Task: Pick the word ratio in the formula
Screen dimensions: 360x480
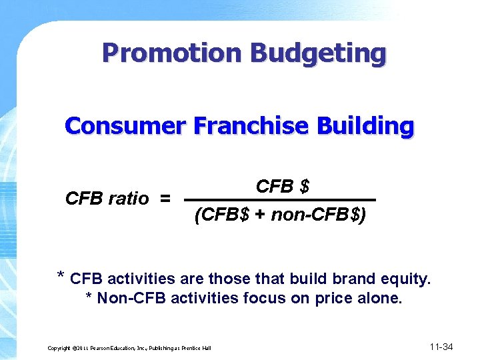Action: [x=126, y=199]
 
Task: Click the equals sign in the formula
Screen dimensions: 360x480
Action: [x=165, y=199]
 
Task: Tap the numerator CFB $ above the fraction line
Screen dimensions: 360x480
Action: [x=283, y=187]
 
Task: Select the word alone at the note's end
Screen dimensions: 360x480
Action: [x=379, y=298]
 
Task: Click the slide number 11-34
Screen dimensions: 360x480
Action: [x=441, y=347]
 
